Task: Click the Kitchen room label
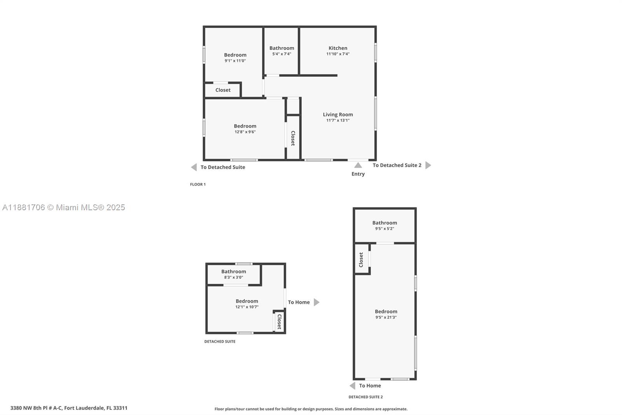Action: (x=337, y=48)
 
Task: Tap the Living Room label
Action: (x=337, y=114)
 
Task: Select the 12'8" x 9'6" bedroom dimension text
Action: (x=245, y=132)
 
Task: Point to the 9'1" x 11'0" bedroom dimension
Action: (x=235, y=61)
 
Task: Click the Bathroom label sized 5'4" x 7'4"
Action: (x=281, y=48)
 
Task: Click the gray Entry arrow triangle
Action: (x=358, y=165)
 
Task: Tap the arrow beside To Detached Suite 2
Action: (x=428, y=165)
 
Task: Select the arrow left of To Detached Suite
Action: (x=194, y=167)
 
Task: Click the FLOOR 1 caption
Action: (x=197, y=185)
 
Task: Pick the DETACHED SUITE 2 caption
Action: (x=365, y=397)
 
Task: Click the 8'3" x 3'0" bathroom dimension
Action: (x=233, y=278)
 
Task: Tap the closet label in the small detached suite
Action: (x=279, y=322)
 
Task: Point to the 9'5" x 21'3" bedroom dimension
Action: (x=386, y=317)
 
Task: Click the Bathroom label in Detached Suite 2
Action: (x=384, y=223)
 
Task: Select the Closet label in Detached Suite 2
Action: (x=361, y=260)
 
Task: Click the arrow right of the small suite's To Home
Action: (x=316, y=302)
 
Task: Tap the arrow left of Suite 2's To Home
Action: (x=352, y=386)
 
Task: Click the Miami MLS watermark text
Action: (x=64, y=207)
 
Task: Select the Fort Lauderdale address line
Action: (x=69, y=408)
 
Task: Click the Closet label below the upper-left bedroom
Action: (x=223, y=90)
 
